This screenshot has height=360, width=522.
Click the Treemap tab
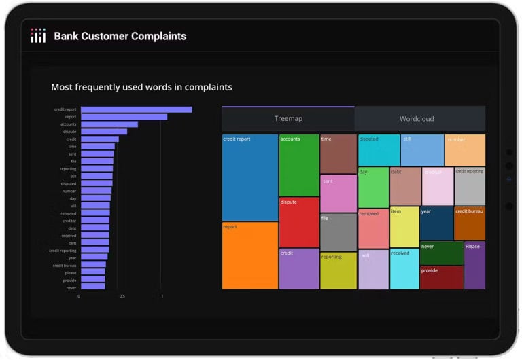click(288, 119)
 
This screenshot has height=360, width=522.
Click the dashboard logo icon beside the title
click(38, 36)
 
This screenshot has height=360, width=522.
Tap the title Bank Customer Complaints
click(120, 36)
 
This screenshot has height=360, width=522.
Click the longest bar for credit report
click(136, 109)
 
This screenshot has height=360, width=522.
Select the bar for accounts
click(109, 124)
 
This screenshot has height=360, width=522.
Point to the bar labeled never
click(92, 287)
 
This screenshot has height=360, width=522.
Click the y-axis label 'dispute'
click(69, 132)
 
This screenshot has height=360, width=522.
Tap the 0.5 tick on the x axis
click(122, 296)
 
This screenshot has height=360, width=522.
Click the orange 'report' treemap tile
click(249, 255)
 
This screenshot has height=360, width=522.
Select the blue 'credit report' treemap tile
click(249, 177)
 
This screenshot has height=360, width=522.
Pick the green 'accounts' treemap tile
click(299, 165)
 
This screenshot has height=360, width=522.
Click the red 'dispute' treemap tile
click(299, 222)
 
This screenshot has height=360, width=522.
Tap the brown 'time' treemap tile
click(338, 154)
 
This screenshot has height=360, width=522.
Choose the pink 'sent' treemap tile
click(338, 194)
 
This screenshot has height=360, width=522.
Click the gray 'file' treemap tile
click(338, 232)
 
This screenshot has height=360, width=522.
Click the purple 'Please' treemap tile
click(474, 265)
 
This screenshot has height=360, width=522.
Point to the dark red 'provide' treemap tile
click(441, 277)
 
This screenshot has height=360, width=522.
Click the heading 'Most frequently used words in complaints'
click(141, 87)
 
